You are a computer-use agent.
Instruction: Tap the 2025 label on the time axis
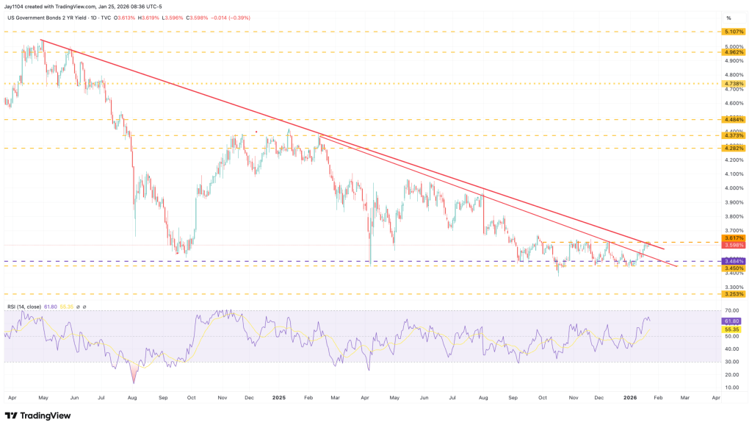pyautogui.click(x=278, y=397)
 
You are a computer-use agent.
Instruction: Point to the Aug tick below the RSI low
pyautogui.click(x=133, y=397)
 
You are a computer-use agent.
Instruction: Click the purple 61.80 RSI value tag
pyautogui.click(x=732, y=321)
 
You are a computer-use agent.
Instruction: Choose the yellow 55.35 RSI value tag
pyautogui.click(x=732, y=330)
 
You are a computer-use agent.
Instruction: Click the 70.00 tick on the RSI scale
pyautogui.click(x=732, y=310)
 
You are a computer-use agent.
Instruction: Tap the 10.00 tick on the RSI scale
pyautogui.click(x=732, y=387)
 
